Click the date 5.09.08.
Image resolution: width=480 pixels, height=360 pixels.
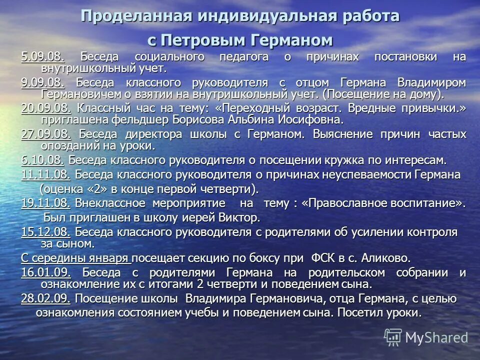click(x=42, y=57)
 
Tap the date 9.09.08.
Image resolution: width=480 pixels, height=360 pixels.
click(x=42, y=82)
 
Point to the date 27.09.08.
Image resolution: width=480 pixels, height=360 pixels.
click(x=46, y=134)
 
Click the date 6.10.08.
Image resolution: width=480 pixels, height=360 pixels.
click(x=42, y=160)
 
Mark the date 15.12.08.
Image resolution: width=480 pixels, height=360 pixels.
click(x=46, y=232)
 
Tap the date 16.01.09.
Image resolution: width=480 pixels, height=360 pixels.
click(x=46, y=273)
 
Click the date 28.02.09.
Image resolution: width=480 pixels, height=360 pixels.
click(x=46, y=298)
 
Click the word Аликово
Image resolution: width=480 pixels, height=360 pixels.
click(x=387, y=258)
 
